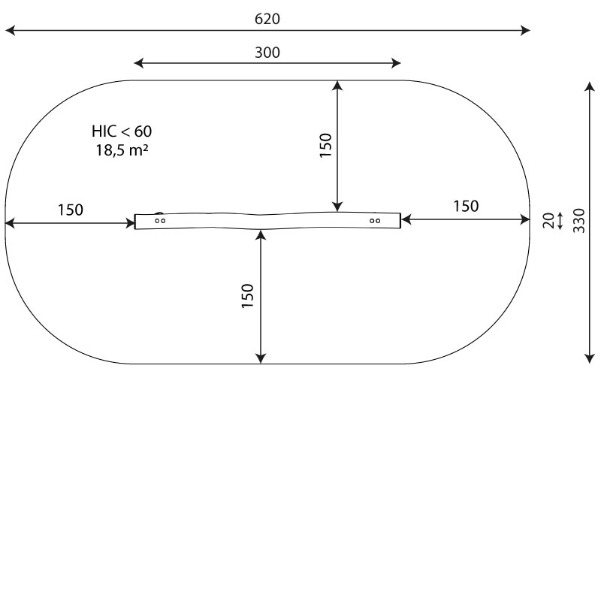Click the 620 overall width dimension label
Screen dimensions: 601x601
coord(267,19)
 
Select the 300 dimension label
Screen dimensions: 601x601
coord(267,53)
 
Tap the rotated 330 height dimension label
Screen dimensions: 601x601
coord(578,220)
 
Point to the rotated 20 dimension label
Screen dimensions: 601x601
coord(548,220)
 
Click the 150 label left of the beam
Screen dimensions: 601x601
coord(71,210)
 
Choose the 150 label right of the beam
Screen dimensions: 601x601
coord(466,206)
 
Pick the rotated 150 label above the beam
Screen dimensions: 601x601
coord(325,146)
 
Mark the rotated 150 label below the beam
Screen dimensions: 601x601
coord(248,296)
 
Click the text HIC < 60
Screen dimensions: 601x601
coord(122,131)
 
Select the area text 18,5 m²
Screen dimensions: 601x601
coord(121,149)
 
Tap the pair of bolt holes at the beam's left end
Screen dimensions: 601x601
coord(160,221)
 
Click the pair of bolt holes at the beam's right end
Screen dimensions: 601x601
coord(375,221)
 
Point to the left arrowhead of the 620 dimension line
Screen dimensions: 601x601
coord(10,30)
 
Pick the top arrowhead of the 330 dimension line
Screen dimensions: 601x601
coord(590,87)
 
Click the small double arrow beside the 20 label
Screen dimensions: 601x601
coord(560,220)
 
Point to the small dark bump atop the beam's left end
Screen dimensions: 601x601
coord(159,214)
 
